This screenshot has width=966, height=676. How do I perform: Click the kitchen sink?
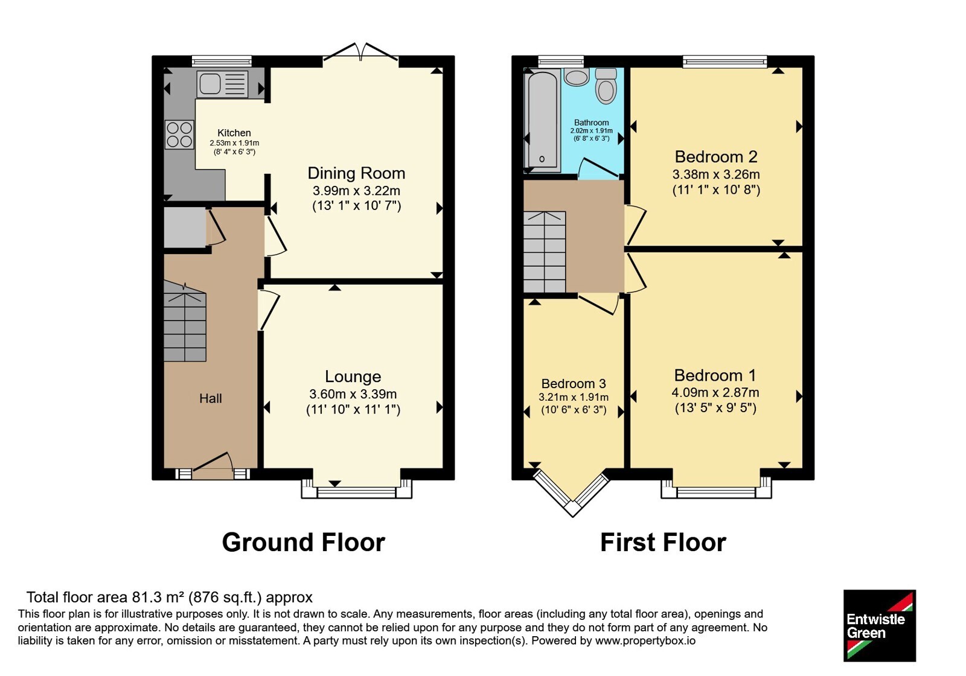223,84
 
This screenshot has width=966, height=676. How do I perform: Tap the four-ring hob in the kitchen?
179,135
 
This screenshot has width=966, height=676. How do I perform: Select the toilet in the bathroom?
606,86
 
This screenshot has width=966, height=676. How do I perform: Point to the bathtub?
542,121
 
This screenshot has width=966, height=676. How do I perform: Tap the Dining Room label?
356,173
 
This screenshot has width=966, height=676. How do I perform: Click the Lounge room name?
353,377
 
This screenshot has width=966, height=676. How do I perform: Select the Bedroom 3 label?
574,383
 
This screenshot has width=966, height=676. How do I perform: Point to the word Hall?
211,398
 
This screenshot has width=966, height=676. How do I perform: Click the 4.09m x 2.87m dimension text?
715,392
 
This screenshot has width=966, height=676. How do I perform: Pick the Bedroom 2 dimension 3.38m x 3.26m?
716,174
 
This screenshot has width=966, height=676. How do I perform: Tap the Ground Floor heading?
303,543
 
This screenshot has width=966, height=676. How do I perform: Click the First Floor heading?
664,543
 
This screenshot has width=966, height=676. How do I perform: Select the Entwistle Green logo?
880,625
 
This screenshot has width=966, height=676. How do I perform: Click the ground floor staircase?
185,322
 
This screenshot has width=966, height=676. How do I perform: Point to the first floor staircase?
545,252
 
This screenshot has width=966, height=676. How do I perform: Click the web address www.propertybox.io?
645,640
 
